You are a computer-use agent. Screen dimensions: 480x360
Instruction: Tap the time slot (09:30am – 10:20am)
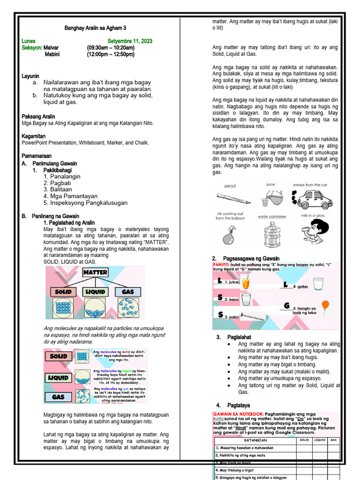click(x=111, y=48)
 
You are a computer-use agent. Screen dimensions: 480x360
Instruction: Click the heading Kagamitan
click(x=33, y=136)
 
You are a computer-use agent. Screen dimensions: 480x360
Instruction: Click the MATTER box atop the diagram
click(x=96, y=272)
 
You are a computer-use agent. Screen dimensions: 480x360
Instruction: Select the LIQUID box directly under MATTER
click(x=95, y=292)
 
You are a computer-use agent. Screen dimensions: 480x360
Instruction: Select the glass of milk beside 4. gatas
click(x=318, y=284)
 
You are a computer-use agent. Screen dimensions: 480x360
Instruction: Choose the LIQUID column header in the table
click(x=320, y=440)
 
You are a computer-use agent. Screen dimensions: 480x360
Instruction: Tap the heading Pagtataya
click(x=239, y=405)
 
